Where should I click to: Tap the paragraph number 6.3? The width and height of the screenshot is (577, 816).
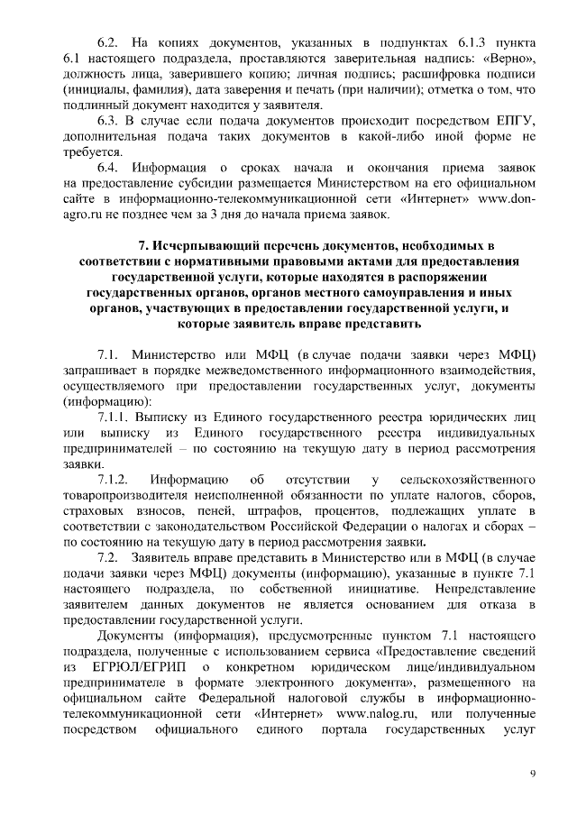click(108, 120)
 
